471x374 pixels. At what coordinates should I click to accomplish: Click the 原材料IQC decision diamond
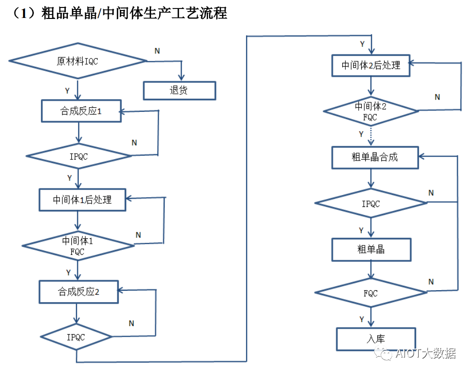[x=78, y=61]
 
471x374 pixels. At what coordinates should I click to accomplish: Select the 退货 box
[x=179, y=91]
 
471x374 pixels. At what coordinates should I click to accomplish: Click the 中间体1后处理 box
[x=82, y=199]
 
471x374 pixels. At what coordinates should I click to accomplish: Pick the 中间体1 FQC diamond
[x=78, y=246]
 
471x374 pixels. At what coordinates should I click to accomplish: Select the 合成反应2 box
[x=79, y=292]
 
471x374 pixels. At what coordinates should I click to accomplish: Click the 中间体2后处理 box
[x=371, y=65]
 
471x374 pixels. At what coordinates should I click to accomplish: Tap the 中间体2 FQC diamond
[x=370, y=111]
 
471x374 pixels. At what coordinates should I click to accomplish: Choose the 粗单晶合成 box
[x=374, y=157]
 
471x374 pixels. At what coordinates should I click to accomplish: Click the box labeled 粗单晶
[x=371, y=249]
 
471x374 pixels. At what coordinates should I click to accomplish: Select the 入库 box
[x=375, y=339]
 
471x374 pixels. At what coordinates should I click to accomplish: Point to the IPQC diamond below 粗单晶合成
[x=371, y=203]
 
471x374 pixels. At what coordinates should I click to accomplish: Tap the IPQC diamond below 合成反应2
[x=76, y=338]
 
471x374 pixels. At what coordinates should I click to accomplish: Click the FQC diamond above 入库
[x=371, y=293]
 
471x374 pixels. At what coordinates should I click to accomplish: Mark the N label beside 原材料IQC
[x=157, y=51]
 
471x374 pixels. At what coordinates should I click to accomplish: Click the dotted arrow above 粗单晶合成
[x=371, y=135]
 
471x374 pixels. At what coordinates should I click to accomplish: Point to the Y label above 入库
[x=361, y=319]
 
